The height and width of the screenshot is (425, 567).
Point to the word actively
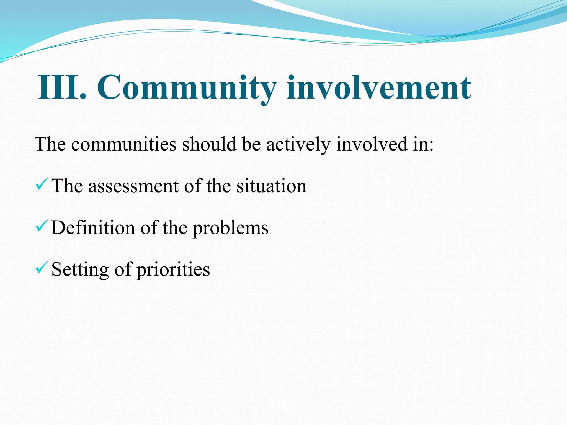coord(298,144)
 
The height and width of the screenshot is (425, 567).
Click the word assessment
coord(133,186)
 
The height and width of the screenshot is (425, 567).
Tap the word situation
coord(271,186)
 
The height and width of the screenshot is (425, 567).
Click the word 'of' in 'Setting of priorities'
coord(123,269)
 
